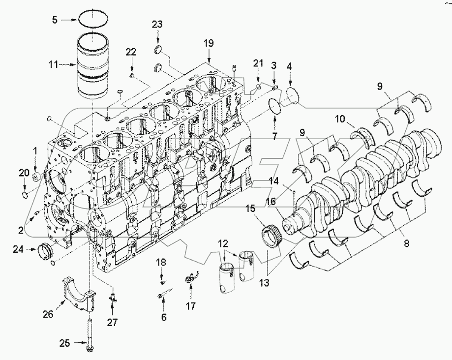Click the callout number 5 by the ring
click(x=56, y=20)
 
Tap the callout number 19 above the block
click(x=209, y=43)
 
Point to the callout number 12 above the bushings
click(x=223, y=242)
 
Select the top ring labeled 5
click(x=93, y=20)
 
